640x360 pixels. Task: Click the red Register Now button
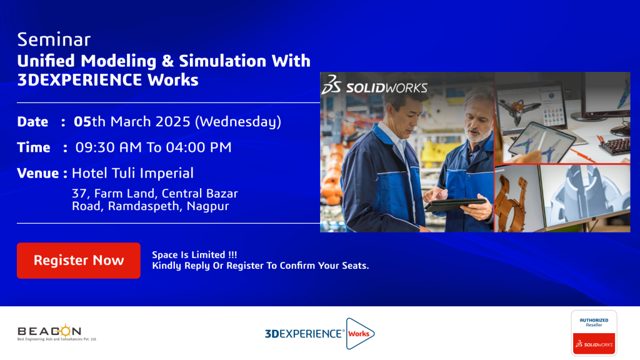point(78,261)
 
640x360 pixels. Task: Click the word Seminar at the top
point(54,39)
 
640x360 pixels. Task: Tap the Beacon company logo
point(57,332)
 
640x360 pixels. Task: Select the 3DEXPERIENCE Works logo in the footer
point(319,334)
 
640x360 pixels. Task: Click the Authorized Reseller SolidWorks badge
point(594,332)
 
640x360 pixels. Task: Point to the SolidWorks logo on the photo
point(374,85)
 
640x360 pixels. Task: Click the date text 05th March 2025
point(132,122)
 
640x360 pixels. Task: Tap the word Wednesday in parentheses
point(238,122)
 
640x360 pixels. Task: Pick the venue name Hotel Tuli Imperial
point(132,173)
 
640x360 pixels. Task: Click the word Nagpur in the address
point(207,206)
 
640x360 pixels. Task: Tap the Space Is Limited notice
point(194,255)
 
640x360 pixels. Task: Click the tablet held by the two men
point(456,204)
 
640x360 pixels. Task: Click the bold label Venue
point(38,174)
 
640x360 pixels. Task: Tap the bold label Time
point(34,147)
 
